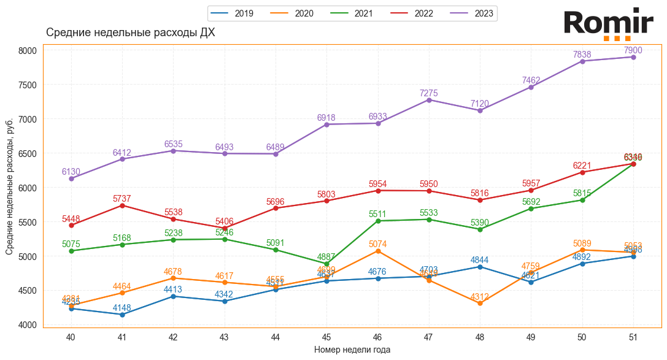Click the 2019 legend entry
coord(235,13)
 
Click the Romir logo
coord(608,24)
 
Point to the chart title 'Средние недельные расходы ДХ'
coord(131,33)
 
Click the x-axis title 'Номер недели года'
coord(352,350)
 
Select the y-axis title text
coord(9,186)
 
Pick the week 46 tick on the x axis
coord(377,337)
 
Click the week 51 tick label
coord(633,337)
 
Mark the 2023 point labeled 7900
coord(633,57)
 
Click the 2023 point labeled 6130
coord(71,178)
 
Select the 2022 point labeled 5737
coord(122,205)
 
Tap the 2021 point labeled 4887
coord(326,264)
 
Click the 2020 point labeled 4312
coord(480,303)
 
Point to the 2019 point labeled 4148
coord(122,315)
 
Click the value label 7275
coord(429,93)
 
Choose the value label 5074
coord(377,244)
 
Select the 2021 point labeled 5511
coord(377,221)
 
